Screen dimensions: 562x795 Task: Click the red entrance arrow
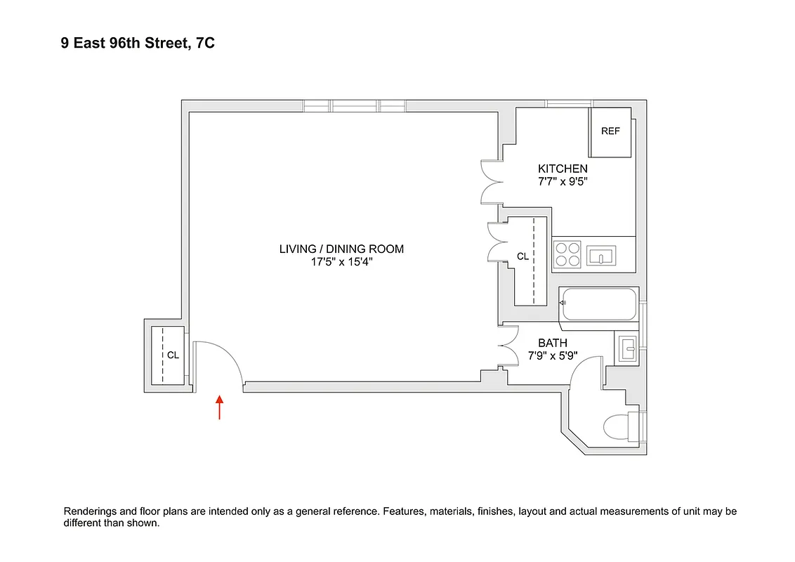coord(220,407)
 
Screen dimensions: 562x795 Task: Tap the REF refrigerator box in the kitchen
coord(610,132)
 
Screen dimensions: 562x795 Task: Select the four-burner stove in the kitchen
coord(567,254)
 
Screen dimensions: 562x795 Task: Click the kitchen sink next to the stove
coord(600,254)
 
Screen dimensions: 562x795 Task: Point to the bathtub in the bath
coord(599,303)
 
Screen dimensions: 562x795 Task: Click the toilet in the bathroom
coord(619,426)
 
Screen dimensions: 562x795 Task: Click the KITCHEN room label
coord(563,169)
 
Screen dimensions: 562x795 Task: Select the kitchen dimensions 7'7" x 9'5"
coord(562,181)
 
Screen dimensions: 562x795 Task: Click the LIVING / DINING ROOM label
coord(341,249)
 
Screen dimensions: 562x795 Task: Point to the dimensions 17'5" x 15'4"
coord(341,261)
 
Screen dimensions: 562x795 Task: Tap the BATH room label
coord(552,343)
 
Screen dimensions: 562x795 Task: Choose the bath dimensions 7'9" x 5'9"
coord(552,355)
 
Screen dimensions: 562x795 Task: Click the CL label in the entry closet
coord(173,355)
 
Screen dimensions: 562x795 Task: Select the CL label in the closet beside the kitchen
coord(523,257)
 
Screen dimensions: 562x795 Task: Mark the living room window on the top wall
coord(354,106)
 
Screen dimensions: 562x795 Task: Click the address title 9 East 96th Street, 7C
coord(138,44)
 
